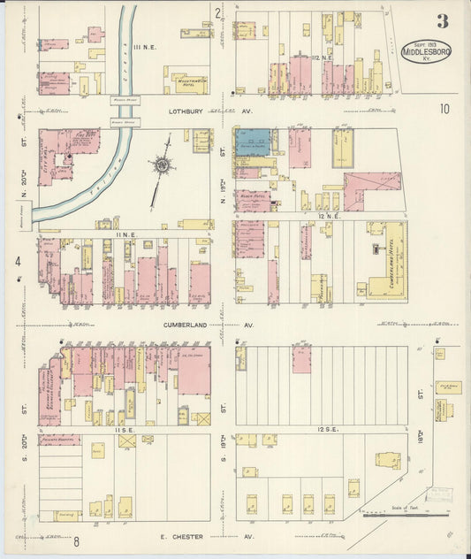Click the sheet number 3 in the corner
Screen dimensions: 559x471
click(x=441, y=20)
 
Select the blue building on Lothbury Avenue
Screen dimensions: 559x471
click(x=254, y=139)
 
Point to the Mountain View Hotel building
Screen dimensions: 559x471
click(x=186, y=84)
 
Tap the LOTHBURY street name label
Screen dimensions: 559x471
click(x=186, y=112)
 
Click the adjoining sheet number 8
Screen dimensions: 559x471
click(x=77, y=541)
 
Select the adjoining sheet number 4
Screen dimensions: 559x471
click(x=17, y=261)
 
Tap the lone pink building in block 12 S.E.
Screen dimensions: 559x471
click(x=301, y=359)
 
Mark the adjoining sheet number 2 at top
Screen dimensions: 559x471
click(x=217, y=12)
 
